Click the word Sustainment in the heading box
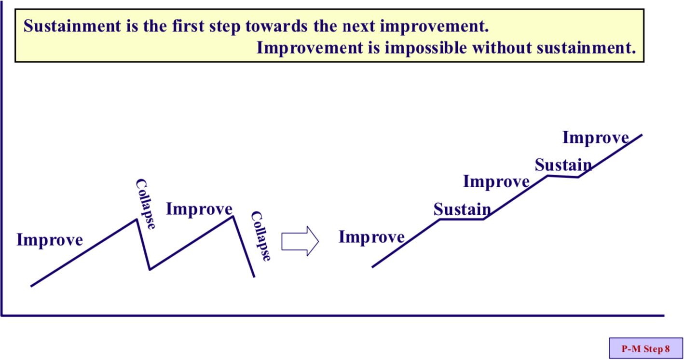pyautogui.click(x=72, y=26)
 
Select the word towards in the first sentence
pyautogui.click(x=276, y=26)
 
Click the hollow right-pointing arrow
pyautogui.click(x=300, y=241)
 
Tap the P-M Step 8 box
pyautogui.click(x=646, y=348)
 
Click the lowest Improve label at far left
pyautogui.click(x=50, y=240)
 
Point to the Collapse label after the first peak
pyautogui.click(x=146, y=204)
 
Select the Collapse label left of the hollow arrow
pyautogui.click(x=261, y=236)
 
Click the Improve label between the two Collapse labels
pyautogui.click(x=199, y=209)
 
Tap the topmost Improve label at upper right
pyautogui.click(x=596, y=138)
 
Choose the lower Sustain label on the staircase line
pyautogui.click(x=462, y=209)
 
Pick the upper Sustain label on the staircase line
pyautogui.click(x=563, y=166)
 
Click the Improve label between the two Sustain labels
pyautogui.click(x=496, y=182)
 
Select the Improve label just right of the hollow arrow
pyautogui.click(x=371, y=237)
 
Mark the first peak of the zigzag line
pyautogui.click(x=137, y=220)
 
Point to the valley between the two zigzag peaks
pyautogui.click(x=150, y=270)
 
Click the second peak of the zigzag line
pyautogui.click(x=233, y=217)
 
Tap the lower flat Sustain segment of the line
pyautogui.click(x=462, y=220)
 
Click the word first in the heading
pyautogui.click(x=188, y=26)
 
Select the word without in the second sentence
pyautogui.click(x=502, y=48)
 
